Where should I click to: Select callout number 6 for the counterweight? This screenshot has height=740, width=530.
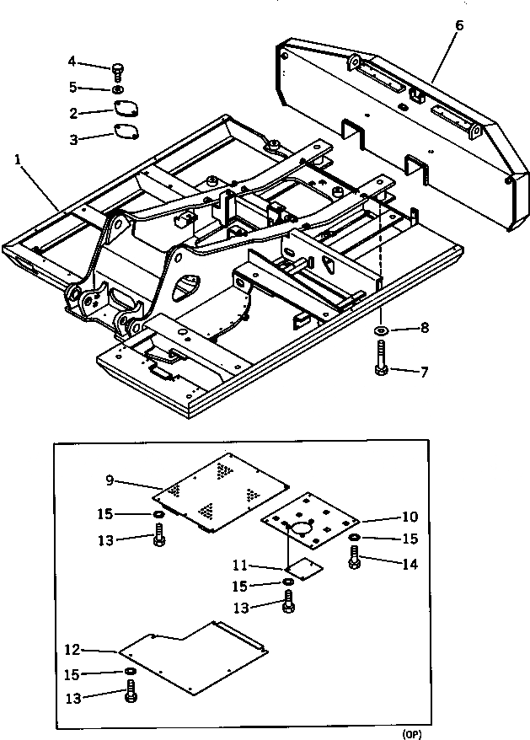click(x=458, y=24)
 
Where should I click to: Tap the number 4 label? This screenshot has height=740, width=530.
click(x=72, y=61)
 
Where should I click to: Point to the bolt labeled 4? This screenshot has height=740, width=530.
click(x=117, y=69)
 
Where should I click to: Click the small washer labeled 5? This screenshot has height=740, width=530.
click(x=117, y=88)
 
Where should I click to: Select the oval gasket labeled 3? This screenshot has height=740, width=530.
click(x=126, y=133)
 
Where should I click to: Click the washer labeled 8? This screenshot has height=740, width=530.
click(x=382, y=328)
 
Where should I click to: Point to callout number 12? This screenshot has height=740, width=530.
click(x=72, y=650)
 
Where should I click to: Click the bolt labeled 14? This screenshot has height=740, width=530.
click(x=355, y=558)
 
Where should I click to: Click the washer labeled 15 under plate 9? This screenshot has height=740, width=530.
click(x=158, y=513)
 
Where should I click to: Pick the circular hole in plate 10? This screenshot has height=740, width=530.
click(x=300, y=528)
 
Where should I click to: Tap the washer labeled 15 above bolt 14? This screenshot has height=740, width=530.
click(x=355, y=537)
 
